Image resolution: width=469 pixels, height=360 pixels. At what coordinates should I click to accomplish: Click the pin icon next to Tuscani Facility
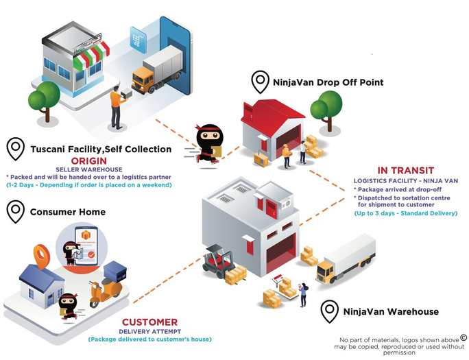point(15,148)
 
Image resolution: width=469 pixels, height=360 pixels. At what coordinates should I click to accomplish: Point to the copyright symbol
point(464,337)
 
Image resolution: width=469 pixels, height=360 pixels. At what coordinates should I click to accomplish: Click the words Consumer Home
point(68,212)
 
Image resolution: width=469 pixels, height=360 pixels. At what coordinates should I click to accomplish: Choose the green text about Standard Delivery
point(406,213)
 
